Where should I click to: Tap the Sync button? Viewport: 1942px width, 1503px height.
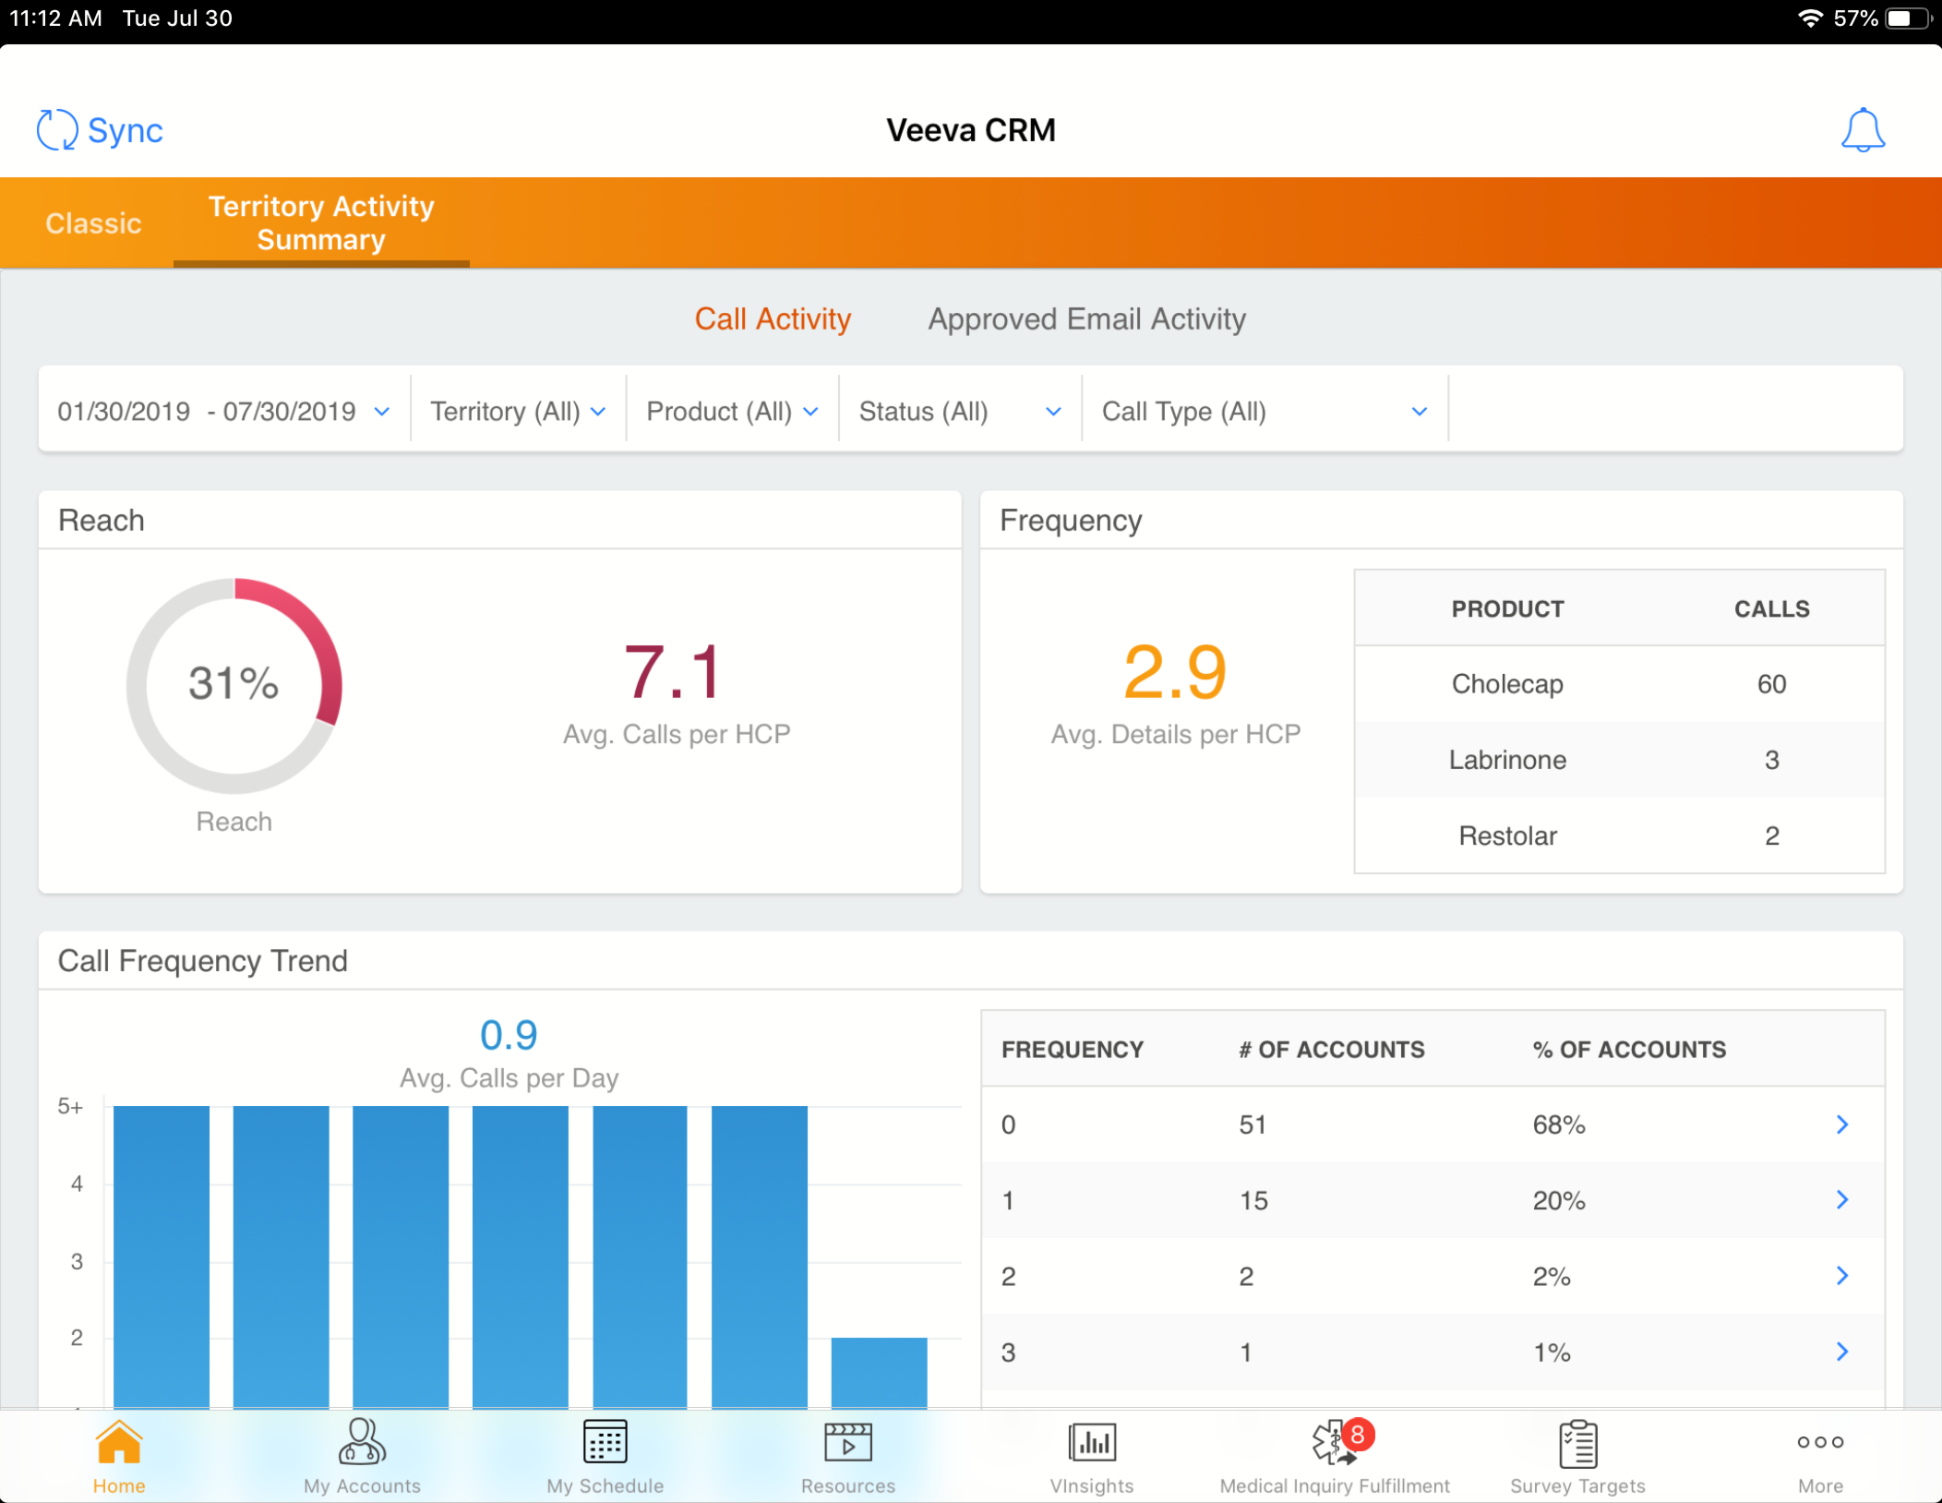pos(100,130)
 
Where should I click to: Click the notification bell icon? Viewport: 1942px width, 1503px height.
pos(1863,130)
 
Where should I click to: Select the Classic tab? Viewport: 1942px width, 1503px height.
pos(93,223)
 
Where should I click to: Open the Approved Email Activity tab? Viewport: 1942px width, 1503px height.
pos(1086,319)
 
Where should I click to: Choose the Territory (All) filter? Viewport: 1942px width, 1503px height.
pos(518,412)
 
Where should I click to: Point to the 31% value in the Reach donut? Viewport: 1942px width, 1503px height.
pos(234,684)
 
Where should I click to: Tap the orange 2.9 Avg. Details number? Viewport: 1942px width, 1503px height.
pos(1175,672)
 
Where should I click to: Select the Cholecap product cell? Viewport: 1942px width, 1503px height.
pos(1506,684)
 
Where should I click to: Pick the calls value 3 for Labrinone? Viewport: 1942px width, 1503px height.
pos(1771,760)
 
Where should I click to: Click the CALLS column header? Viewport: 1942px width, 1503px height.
pos(1771,609)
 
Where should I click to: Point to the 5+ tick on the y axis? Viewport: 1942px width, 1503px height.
pos(70,1106)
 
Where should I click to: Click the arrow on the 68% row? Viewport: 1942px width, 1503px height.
pos(1841,1124)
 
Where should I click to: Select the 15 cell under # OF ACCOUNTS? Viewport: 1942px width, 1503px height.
pos(1253,1200)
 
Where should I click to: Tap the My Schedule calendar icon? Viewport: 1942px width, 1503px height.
pos(605,1442)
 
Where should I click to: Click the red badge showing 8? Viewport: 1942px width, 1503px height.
pos(1358,1435)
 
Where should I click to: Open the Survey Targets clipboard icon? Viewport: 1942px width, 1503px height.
pos(1577,1444)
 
